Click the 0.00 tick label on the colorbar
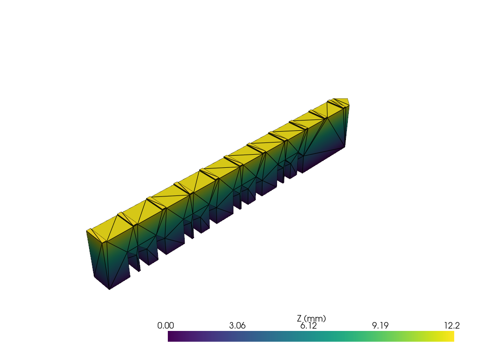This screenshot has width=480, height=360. tap(165, 325)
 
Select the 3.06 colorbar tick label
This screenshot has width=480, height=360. tap(237, 325)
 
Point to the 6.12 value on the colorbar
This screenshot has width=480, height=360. tap(308, 326)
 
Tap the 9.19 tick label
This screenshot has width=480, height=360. tap(380, 325)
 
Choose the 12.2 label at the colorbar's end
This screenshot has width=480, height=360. tap(452, 325)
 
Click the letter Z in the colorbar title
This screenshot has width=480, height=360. tap(300, 319)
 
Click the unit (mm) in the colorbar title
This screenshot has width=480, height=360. tap(315, 319)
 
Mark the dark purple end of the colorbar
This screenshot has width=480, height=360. tap(170, 336)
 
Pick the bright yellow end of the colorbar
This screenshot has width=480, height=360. tap(452, 336)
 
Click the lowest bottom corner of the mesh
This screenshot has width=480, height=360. tap(110, 289)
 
